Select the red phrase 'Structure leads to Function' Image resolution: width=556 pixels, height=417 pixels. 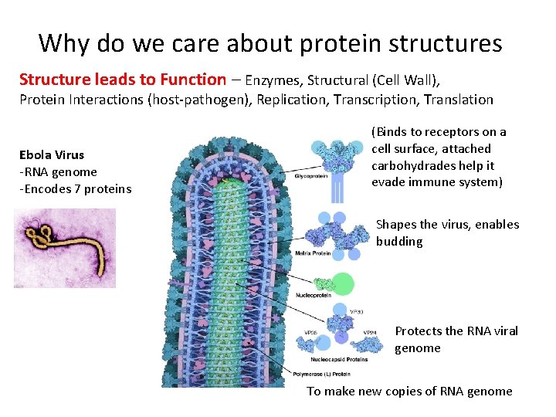click(122, 80)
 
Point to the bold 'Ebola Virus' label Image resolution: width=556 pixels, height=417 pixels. click(52, 154)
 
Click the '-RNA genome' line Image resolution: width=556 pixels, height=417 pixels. click(59, 171)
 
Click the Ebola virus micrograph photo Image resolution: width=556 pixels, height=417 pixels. click(65, 247)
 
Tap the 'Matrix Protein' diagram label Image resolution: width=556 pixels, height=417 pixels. click(313, 253)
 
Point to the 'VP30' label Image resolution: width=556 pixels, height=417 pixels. click(357, 311)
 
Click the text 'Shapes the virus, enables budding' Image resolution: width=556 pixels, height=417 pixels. click(447, 232)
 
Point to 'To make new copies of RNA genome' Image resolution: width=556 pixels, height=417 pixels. click(409, 391)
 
